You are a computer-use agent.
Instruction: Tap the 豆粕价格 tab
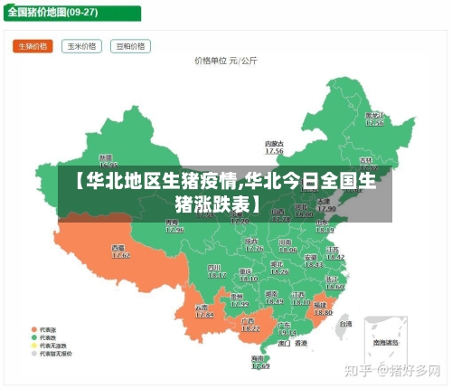click(130, 46)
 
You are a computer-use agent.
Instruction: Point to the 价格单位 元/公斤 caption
click(226, 61)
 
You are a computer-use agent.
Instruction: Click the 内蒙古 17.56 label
click(274, 147)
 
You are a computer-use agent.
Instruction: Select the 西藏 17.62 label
click(119, 251)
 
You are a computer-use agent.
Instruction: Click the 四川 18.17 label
click(217, 271)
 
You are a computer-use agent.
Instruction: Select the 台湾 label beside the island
click(344, 322)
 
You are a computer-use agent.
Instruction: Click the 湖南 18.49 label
click(273, 297)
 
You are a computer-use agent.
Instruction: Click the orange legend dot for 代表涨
click(33, 328)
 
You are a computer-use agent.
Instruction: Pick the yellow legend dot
click(33, 346)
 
